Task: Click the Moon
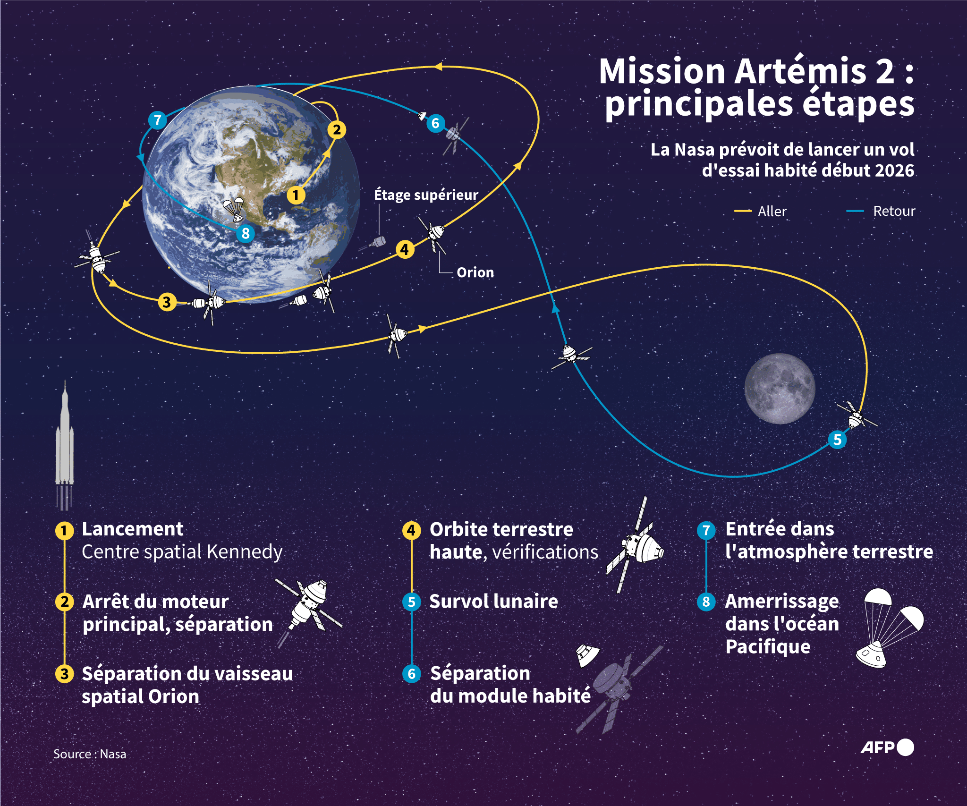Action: [780, 388]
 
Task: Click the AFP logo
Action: [887, 747]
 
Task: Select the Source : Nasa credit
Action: [90, 754]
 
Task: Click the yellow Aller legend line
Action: [743, 211]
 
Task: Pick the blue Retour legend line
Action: [855, 211]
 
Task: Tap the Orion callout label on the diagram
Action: [475, 272]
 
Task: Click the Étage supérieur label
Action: [426, 195]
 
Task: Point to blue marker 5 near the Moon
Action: [837, 440]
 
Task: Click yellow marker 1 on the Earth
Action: [296, 195]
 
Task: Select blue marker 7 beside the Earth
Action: [158, 120]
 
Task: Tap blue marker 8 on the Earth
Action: [246, 233]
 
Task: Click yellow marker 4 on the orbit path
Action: [405, 249]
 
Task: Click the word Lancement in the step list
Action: [133, 529]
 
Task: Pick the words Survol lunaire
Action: [493, 602]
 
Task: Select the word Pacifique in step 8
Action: [768, 647]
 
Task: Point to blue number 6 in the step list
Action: [411, 674]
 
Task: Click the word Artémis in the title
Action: [800, 72]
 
